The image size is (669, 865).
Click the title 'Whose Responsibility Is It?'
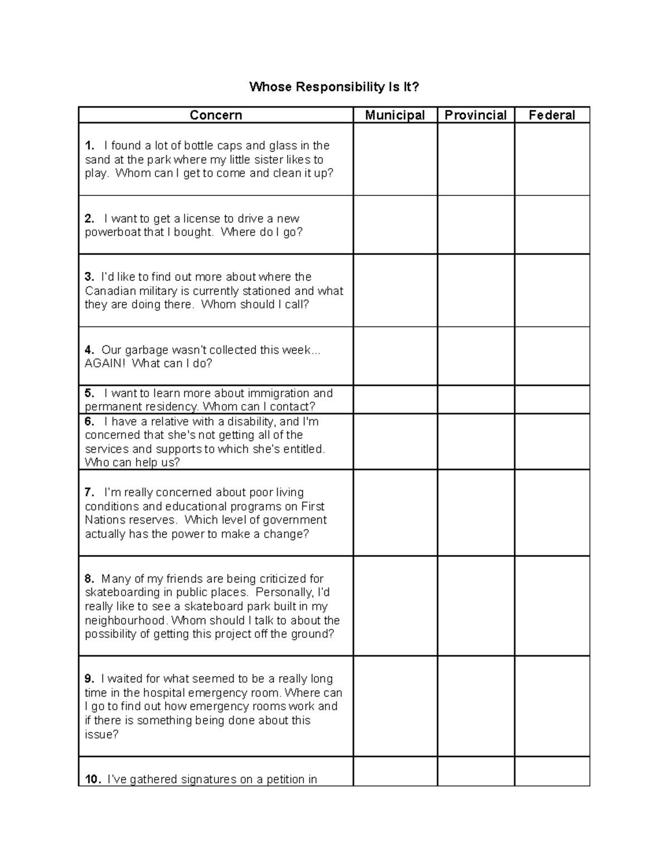pyautogui.click(x=333, y=87)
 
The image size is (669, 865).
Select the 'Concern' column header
pyautogui.click(x=216, y=115)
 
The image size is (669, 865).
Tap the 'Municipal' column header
pyautogui.click(x=395, y=115)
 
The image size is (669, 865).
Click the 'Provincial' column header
pyautogui.click(x=476, y=115)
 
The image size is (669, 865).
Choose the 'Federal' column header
pyautogui.click(x=551, y=115)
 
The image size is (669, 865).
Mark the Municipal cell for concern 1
pyautogui.click(x=395, y=159)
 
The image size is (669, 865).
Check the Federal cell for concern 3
pyautogui.click(x=551, y=290)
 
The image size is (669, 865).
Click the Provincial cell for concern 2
pyautogui.click(x=476, y=225)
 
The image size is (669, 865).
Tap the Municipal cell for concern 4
pyautogui.click(x=395, y=356)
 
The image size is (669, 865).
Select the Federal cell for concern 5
pyautogui.click(x=551, y=399)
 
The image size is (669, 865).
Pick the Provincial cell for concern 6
pyautogui.click(x=476, y=441)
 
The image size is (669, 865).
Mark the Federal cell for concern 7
pyautogui.click(x=551, y=512)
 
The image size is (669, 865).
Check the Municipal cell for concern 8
pyautogui.click(x=395, y=605)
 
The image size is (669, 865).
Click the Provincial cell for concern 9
pyautogui.click(x=476, y=706)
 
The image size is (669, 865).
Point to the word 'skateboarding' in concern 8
pyautogui.click(x=121, y=593)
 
